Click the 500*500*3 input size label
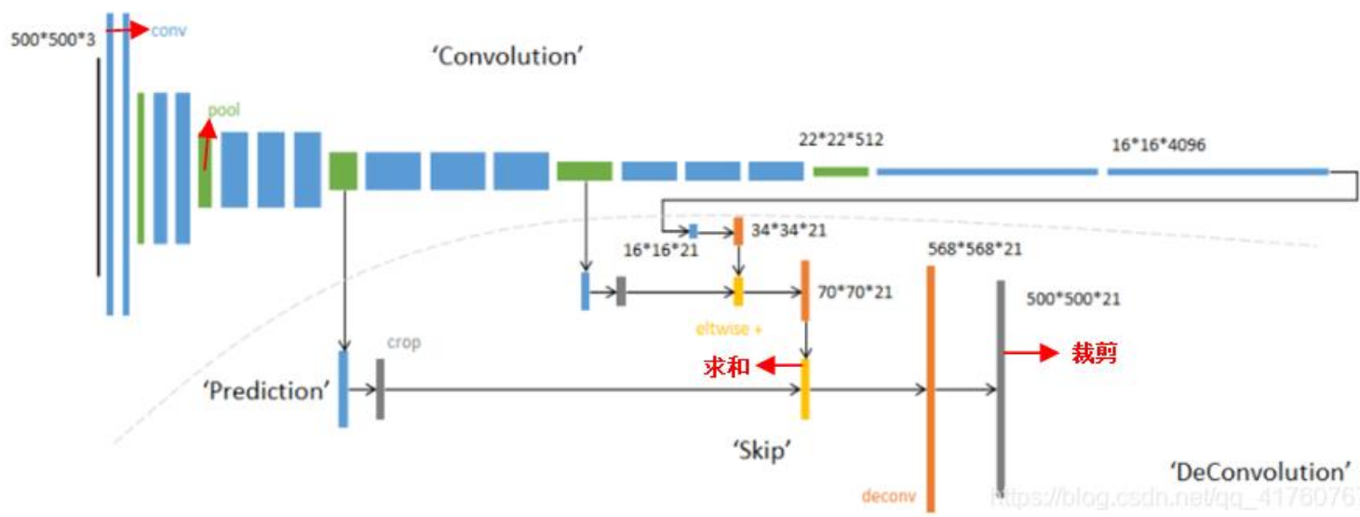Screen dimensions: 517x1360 [53, 40]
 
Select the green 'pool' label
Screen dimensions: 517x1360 [223, 110]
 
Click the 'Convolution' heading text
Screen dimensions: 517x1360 [506, 56]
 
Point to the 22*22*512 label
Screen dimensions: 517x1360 [841, 140]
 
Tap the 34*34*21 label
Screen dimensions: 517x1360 [788, 229]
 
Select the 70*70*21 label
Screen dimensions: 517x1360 [854, 293]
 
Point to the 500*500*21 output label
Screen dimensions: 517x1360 [1072, 299]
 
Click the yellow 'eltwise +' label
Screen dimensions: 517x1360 [728, 328]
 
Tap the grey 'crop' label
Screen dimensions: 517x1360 [404, 343]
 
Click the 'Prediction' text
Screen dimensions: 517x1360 [266, 390]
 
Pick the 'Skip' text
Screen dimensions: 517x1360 [761, 451]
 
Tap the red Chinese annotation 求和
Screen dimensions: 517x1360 [726, 367]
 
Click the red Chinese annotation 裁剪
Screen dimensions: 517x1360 [1093, 354]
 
